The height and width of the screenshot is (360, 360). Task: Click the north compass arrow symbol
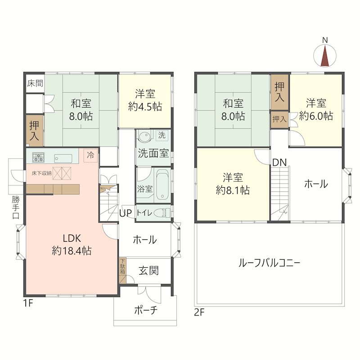pos(324,57)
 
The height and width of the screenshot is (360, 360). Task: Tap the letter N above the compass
pos(324,40)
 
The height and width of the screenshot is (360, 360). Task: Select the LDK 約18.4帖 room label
pos(72,245)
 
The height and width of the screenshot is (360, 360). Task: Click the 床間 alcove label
pos(35,83)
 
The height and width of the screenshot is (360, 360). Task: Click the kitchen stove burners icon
pos(38,157)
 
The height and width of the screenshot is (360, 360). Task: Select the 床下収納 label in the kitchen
pos(41,173)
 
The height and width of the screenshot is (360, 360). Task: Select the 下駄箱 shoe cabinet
pos(122,270)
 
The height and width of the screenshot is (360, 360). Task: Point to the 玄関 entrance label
pos(148,271)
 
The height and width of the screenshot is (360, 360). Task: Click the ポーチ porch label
pos(145,310)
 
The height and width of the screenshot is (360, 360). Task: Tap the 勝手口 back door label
pos(16,207)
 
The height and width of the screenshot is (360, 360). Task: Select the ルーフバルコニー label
pos(270,262)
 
